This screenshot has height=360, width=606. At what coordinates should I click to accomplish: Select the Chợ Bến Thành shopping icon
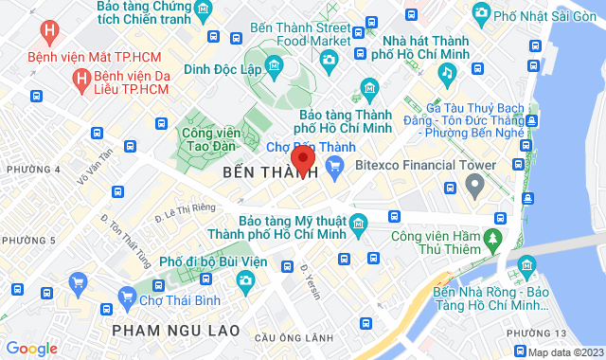334,167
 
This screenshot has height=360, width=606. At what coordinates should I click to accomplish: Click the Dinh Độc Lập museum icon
274,64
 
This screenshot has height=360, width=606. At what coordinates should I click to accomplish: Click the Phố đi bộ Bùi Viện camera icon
244,280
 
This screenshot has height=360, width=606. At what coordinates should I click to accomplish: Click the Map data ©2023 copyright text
563,352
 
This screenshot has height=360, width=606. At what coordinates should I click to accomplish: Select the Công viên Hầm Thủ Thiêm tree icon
493,236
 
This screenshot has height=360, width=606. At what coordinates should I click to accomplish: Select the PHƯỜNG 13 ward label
535,333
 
